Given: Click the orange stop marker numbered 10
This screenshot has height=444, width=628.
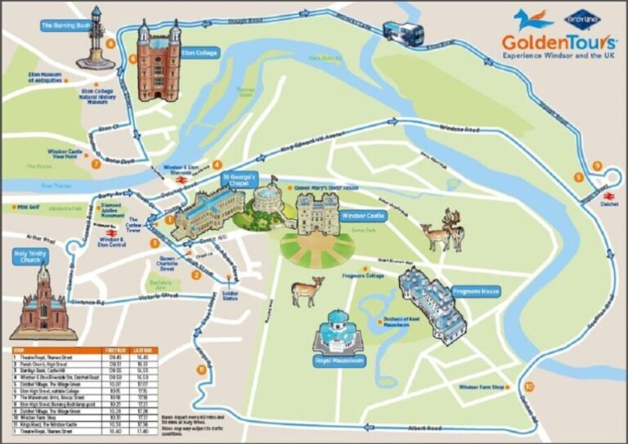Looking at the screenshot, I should click(529, 386).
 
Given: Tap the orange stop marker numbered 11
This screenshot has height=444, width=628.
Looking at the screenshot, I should click(200, 370).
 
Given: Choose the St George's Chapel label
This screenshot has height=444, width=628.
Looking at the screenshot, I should click(240, 179).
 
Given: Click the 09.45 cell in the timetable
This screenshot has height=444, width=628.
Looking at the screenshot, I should click(114, 357).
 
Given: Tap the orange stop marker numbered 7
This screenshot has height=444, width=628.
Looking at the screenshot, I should click(96, 164).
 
